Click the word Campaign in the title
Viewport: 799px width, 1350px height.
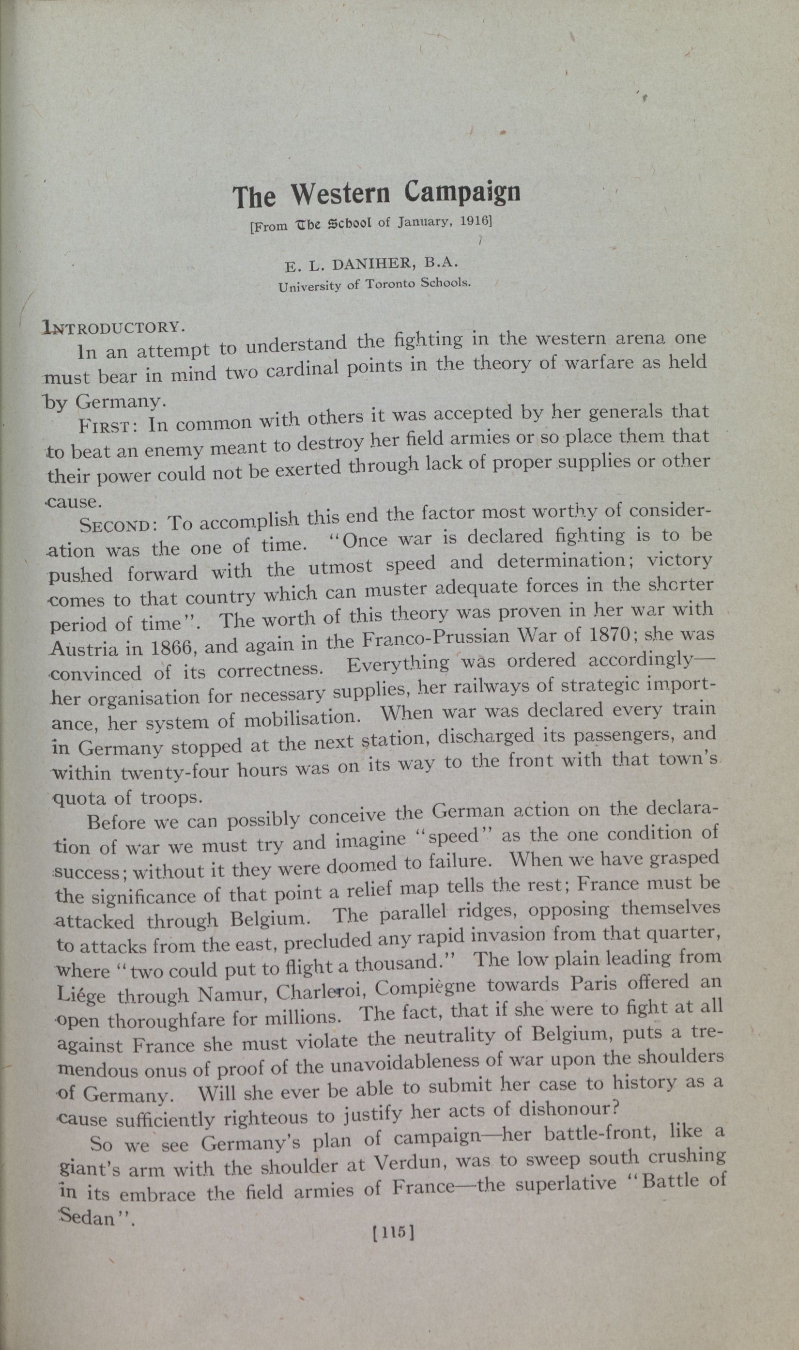click(x=462, y=192)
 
